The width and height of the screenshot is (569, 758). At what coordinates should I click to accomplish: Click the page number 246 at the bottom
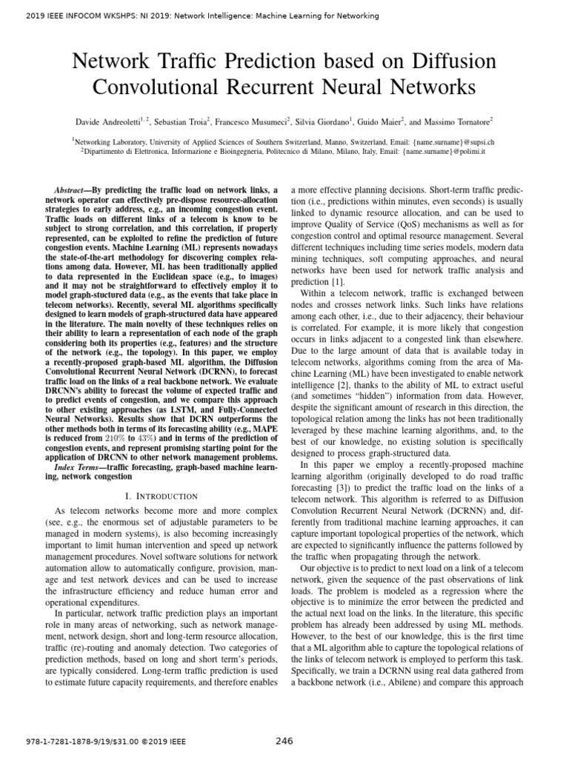click(284, 740)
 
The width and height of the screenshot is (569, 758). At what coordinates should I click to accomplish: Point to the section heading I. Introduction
click(162, 496)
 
